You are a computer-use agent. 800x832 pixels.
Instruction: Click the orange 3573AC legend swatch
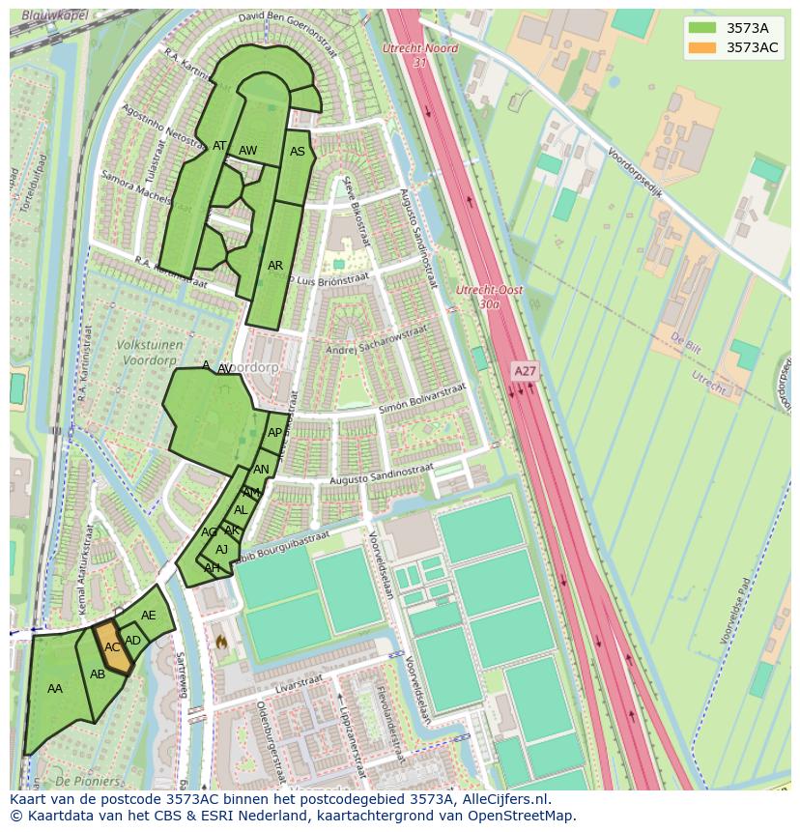tap(702, 47)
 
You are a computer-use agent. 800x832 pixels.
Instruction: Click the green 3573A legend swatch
tap(702, 28)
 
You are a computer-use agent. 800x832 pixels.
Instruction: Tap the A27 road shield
tap(525, 371)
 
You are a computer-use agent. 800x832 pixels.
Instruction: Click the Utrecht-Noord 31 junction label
tap(419, 55)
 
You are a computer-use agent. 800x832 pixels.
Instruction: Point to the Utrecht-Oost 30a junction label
tap(489, 297)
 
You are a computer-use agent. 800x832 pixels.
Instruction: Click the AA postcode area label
tap(55, 689)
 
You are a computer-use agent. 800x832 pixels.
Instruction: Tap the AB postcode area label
tap(98, 674)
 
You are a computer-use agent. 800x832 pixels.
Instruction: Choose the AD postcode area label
tap(133, 641)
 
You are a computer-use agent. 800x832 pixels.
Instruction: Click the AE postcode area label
tap(148, 616)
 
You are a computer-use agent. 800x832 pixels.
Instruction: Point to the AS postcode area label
tap(298, 152)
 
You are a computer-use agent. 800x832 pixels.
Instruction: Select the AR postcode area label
tap(275, 266)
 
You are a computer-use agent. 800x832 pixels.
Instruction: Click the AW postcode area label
tap(248, 151)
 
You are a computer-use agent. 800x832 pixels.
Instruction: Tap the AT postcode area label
tap(219, 147)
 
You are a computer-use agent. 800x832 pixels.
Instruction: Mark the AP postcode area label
tap(275, 433)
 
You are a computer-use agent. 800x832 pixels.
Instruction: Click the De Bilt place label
tap(685, 342)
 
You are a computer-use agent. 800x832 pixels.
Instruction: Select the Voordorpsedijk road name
tap(635, 172)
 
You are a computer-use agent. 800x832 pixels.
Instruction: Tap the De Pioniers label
tap(88, 781)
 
